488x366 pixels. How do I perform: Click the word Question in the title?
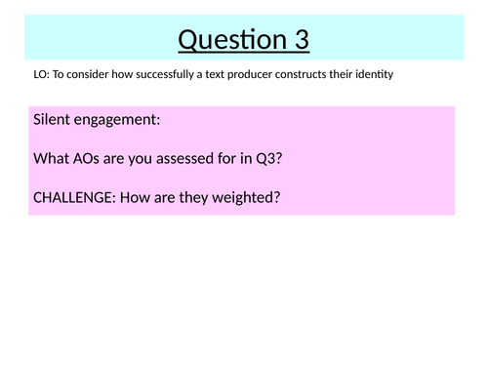point(225,40)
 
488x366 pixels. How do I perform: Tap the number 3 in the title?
point(299,40)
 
